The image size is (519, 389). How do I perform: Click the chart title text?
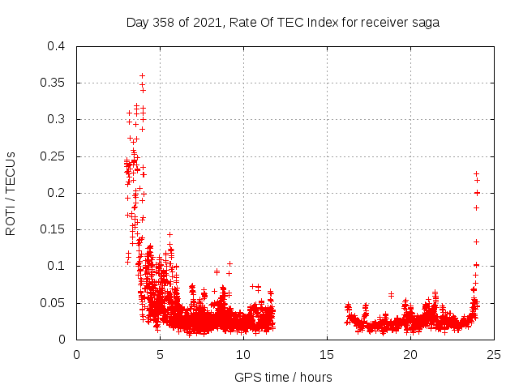point(283,23)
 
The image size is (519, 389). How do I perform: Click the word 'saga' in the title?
point(425,23)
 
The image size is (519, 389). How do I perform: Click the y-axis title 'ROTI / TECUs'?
point(11,193)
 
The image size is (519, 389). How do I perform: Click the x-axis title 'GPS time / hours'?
point(283,377)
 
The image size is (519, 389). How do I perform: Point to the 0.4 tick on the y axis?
point(56,46)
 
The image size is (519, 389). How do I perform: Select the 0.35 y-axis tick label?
point(53,83)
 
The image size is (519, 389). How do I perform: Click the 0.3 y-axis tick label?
point(56,119)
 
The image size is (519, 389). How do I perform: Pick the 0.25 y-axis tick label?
point(53,156)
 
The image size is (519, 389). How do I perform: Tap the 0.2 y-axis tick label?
point(56,193)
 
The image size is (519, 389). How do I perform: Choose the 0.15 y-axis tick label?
point(53,229)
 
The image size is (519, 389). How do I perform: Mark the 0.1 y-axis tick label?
point(56,266)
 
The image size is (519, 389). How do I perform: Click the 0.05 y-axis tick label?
point(53,303)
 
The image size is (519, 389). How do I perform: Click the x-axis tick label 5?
point(160,354)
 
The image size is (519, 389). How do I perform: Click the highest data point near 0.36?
point(142,75)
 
